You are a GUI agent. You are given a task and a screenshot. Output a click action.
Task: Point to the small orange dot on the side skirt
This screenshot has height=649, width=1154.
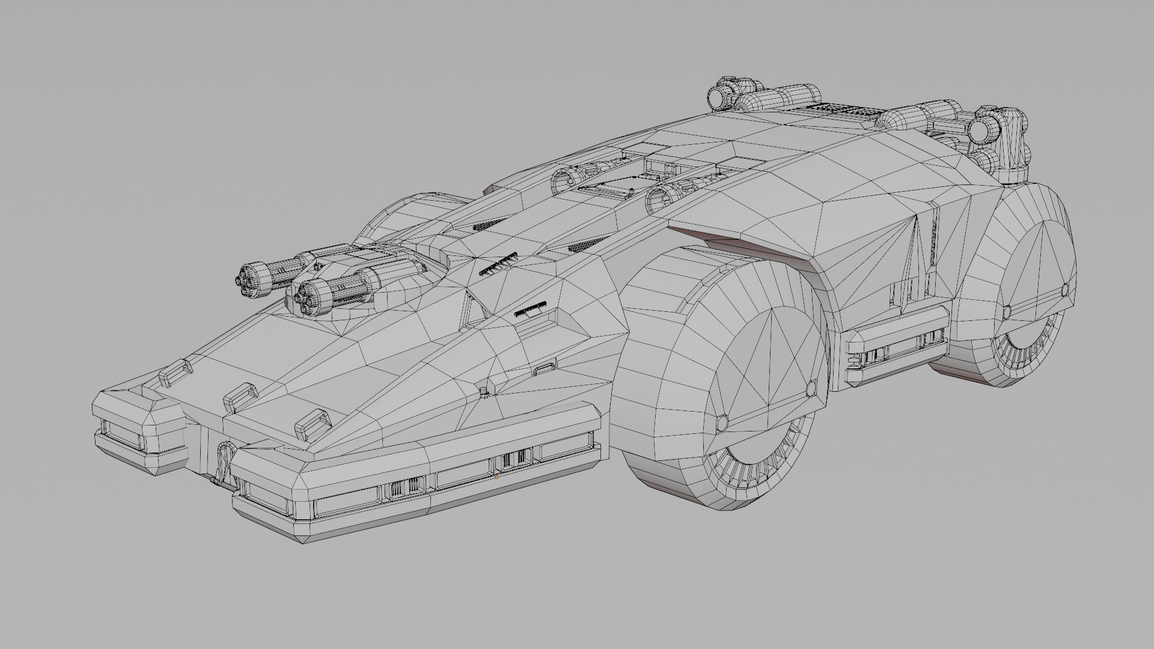[496, 478]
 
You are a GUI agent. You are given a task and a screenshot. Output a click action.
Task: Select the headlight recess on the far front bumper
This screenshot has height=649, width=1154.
[121, 433]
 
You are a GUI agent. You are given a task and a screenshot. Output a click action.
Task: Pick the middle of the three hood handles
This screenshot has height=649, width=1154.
[240, 394]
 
